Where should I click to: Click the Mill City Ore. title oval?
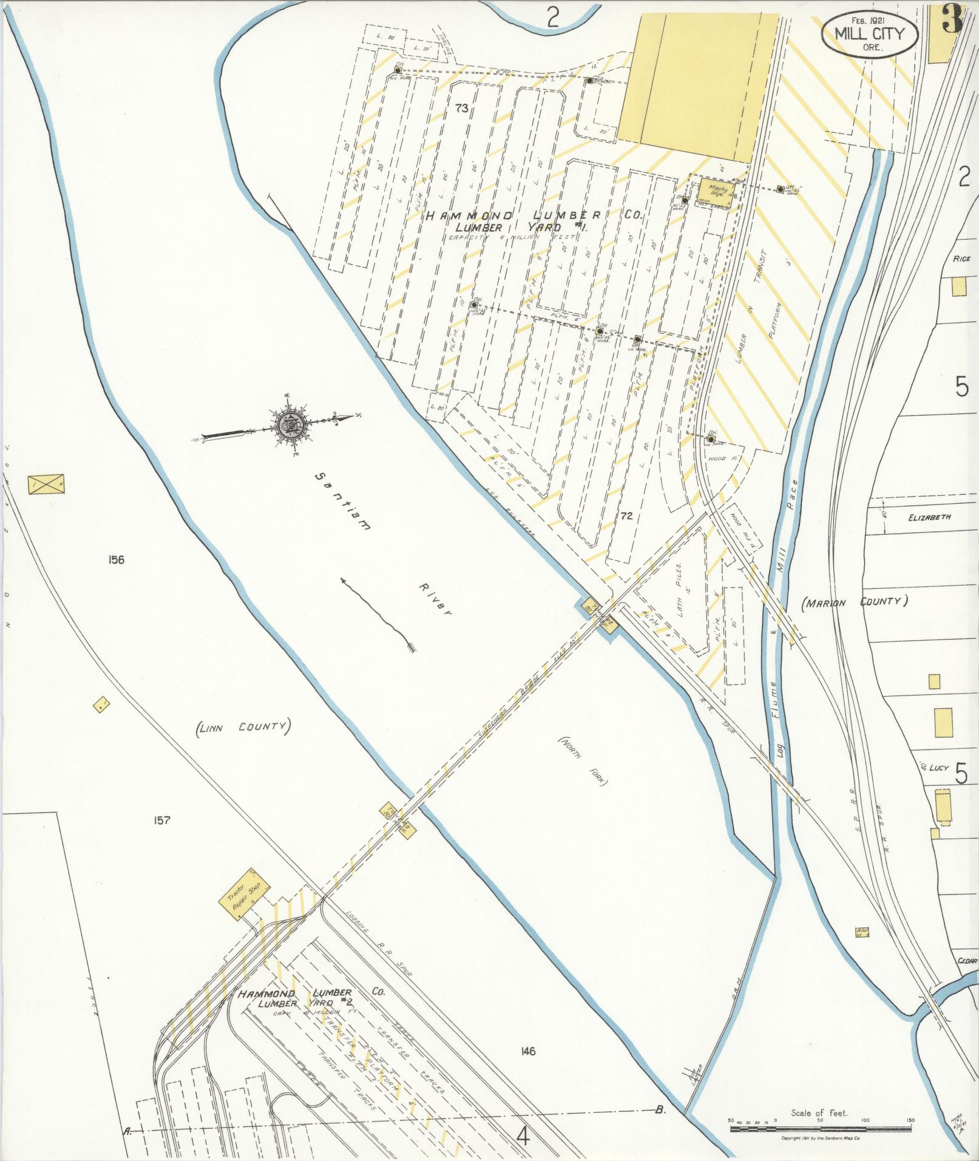tap(870, 36)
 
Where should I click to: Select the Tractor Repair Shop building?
tap(242, 893)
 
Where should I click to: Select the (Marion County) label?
tap(854, 602)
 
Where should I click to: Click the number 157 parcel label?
tap(161, 821)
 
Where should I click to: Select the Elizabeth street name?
tap(929, 518)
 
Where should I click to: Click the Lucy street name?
tap(938, 767)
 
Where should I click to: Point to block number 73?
tap(461, 109)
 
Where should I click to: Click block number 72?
tap(627, 516)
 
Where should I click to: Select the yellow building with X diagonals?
tap(46, 484)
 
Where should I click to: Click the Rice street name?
tap(961, 259)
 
